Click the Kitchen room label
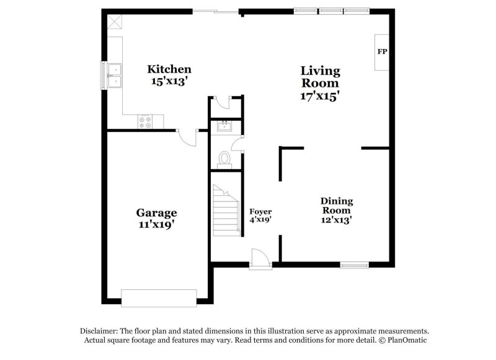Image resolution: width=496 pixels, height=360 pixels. click(x=169, y=69)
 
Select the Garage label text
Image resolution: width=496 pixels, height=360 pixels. click(x=156, y=213)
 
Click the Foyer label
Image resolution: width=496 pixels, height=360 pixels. click(x=260, y=211)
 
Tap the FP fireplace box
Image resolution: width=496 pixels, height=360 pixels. click(x=382, y=51)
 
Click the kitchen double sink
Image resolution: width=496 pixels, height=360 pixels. click(x=115, y=76)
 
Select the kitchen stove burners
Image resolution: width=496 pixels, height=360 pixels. click(x=145, y=122)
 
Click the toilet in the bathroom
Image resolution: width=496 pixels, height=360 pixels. click(x=224, y=159)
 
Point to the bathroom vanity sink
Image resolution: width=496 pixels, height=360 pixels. click(x=223, y=127)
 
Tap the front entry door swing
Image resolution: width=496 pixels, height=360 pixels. click(x=260, y=258)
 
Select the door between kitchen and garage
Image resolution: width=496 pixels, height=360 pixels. click(x=187, y=138)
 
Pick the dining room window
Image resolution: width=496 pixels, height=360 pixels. click(x=354, y=265)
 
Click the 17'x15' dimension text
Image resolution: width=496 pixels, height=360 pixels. click(x=320, y=96)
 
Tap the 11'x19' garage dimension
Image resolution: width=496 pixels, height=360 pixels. click(x=156, y=225)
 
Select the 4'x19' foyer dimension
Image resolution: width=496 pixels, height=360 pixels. click(x=260, y=219)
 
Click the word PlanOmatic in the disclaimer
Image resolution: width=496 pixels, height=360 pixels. click(x=407, y=340)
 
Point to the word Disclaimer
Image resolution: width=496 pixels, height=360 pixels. click(x=98, y=331)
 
